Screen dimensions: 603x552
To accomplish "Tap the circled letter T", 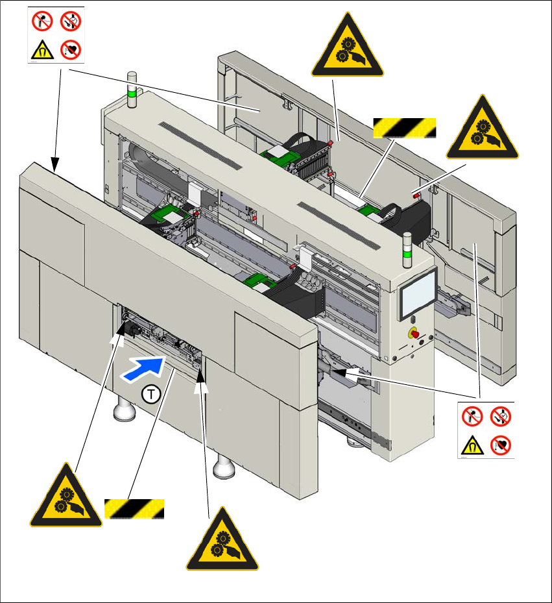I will coord(150,394).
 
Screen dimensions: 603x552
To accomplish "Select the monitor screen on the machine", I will coord(419,293).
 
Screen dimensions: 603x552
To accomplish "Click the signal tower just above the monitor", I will coord(408,249).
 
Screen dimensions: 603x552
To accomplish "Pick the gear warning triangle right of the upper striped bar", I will coord(483,130).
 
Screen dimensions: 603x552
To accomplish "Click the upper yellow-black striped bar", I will coord(403,128).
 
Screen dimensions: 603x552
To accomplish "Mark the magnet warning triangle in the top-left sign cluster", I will coord(40,49).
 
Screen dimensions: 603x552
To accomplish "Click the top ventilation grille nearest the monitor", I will coord(340,224).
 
